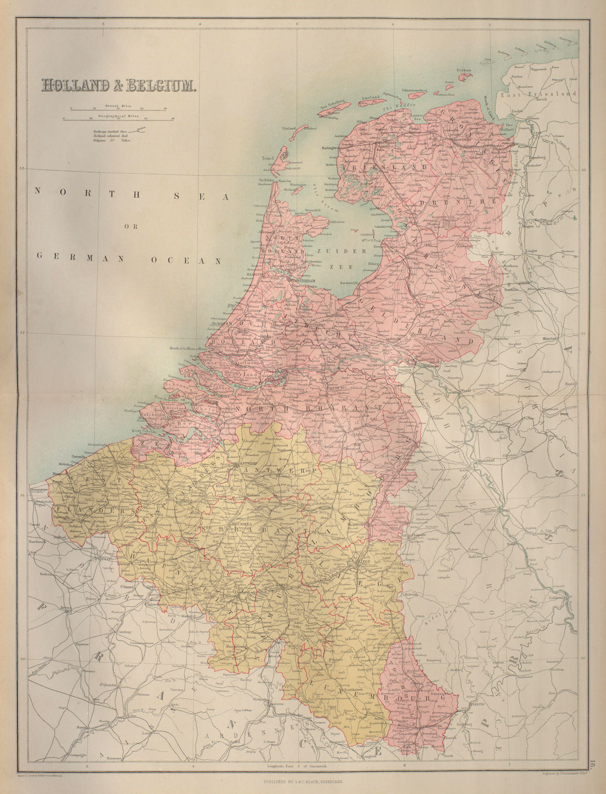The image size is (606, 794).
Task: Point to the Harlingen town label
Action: point(330,148)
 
